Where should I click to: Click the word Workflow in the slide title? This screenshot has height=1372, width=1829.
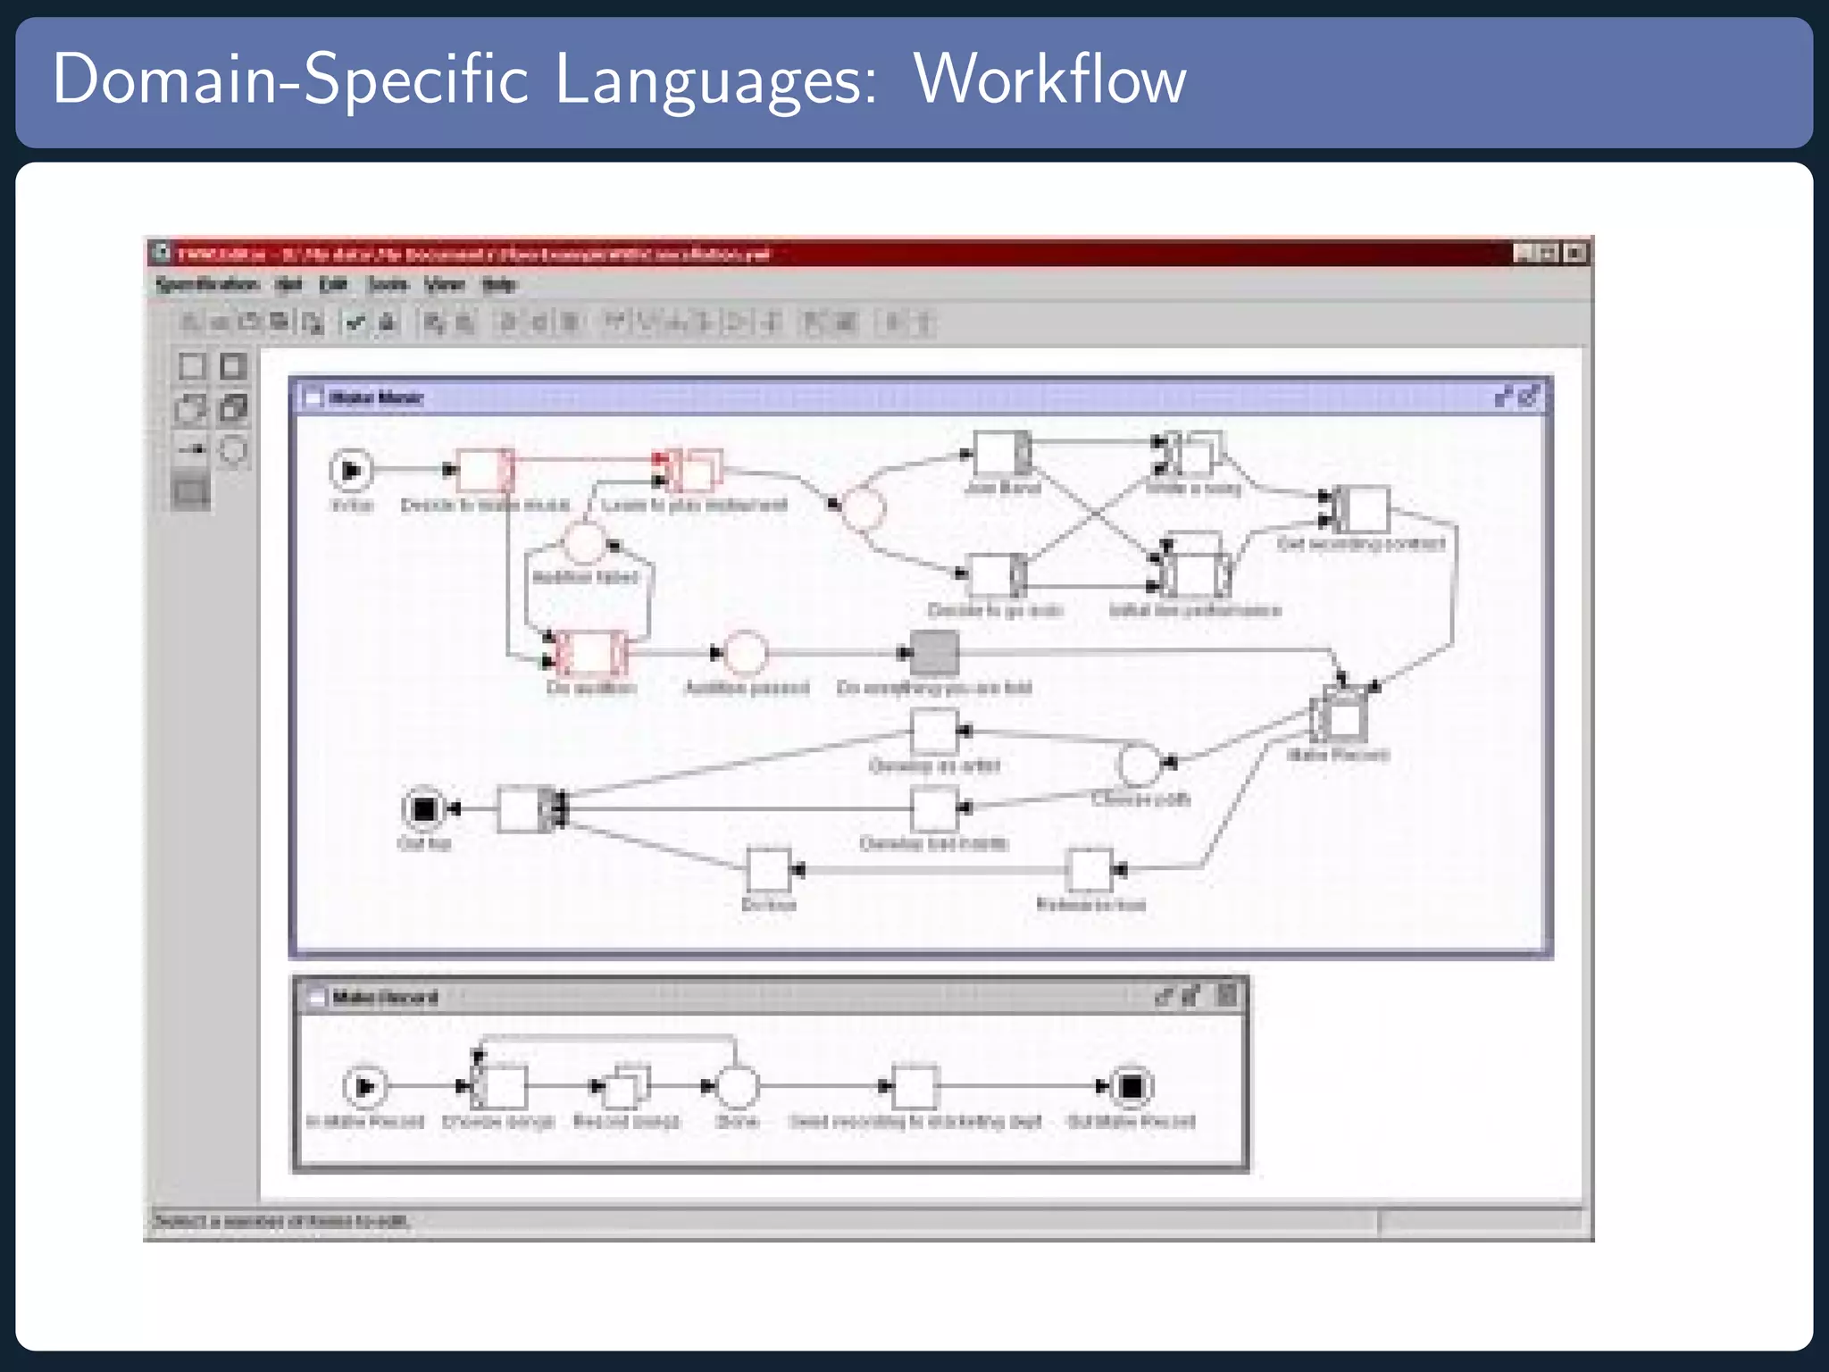click(x=1049, y=79)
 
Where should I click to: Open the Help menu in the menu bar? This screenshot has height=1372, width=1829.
click(x=498, y=285)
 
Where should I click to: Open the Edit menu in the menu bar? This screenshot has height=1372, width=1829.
click(x=333, y=285)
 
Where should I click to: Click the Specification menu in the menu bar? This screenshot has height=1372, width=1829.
click(x=207, y=285)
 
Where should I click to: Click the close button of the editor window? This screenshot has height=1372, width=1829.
click(x=1575, y=254)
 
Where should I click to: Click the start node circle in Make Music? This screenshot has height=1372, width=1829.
click(x=351, y=470)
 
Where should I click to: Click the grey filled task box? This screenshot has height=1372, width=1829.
click(x=934, y=652)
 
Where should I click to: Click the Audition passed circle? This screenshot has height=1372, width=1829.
click(x=746, y=653)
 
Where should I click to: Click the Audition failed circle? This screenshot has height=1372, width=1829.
click(x=585, y=543)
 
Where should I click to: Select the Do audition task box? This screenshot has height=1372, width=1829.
click(x=589, y=653)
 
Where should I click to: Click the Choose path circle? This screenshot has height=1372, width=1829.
click(x=1139, y=764)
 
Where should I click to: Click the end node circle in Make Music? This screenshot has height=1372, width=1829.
click(x=423, y=809)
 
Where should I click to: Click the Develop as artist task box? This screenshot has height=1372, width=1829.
click(x=934, y=732)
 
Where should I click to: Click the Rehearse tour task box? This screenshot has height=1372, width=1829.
click(x=1090, y=870)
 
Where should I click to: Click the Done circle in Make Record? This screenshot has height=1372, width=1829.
click(x=737, y=1086)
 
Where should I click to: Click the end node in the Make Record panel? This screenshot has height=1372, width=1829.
click(x=1131, y=1086)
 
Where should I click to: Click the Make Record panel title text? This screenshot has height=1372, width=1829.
click(x=385, y=998)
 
